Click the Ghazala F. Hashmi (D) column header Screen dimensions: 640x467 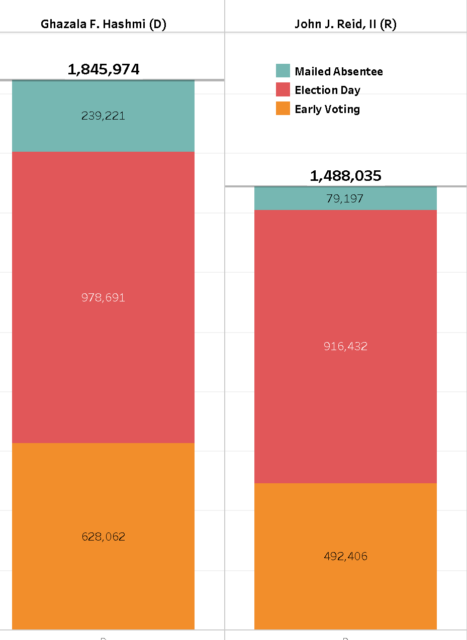[103, 25]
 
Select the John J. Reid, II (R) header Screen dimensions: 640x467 [345, 25]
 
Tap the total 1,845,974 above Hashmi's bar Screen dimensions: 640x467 [103, 69]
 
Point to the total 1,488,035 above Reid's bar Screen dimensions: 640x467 [345, 176]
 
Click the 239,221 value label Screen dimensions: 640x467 [103, 116]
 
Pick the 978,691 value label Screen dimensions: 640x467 [103, 297]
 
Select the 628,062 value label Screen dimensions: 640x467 [103, 537]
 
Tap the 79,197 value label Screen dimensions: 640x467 [345, 199]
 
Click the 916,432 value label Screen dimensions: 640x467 [345, 346]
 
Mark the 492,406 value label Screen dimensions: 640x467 [345, 556]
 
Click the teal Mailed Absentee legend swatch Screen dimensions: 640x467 [283, 71]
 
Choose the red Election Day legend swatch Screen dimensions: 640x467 [283, 89]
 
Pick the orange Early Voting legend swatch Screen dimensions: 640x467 [283, 109]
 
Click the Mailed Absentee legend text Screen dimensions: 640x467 [338, 71]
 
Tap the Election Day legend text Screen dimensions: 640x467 [327, 90]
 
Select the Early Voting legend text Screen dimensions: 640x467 [327, 109]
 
